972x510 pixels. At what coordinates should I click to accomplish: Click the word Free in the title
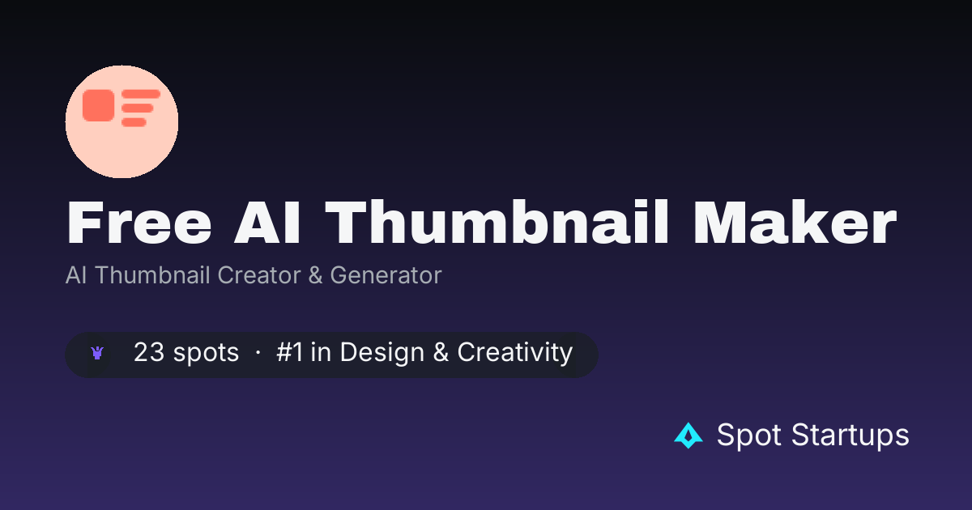click(x=139, y=223)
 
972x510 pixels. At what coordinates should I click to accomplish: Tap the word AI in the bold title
click(x=266, y=223)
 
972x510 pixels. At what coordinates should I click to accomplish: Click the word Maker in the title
click(x=795, y=223)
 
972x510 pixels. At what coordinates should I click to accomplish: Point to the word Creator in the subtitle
click(x=259, y=275)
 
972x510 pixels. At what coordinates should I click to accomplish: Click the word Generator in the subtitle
click(x=386, y=275)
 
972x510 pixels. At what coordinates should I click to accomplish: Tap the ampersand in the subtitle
click(x=315, y=275)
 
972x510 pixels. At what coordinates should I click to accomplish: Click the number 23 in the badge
click(x=149, y=351)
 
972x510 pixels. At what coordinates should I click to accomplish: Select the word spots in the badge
click(x=206, y=353)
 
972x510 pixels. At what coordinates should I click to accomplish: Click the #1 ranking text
click(x=289, y=351)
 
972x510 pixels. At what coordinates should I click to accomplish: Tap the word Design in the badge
click(x=382, y=353)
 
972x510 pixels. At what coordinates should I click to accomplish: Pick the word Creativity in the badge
click(x=515, y=353)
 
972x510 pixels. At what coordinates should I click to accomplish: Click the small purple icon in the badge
click(x=97, y=353)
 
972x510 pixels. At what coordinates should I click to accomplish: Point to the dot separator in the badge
click(x=258, y=353)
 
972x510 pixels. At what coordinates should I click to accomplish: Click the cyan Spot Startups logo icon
click(x=688, y=436)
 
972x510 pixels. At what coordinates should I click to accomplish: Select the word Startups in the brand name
click(x=850, y=435)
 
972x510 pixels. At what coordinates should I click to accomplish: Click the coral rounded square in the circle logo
click(x=99, y=105)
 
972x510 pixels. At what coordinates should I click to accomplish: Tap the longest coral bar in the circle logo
click(x=141, y=94)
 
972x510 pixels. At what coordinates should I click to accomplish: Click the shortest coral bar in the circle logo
click(x=134, y=122)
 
